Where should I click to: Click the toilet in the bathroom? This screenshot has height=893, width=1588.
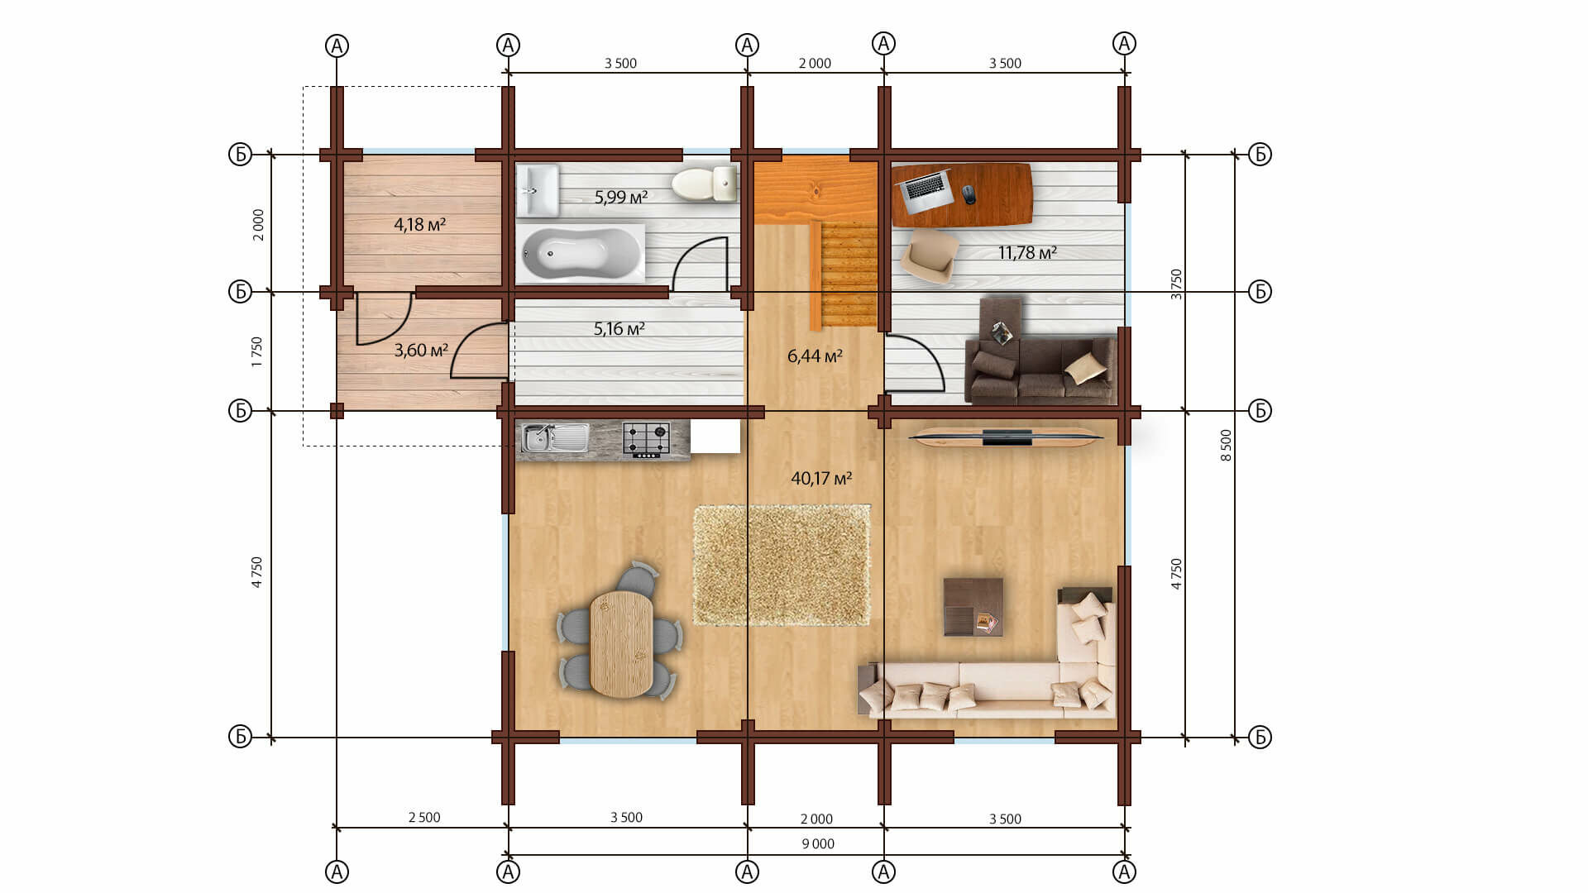704,184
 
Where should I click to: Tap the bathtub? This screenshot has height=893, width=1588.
580,252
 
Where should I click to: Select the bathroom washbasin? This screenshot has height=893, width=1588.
538,190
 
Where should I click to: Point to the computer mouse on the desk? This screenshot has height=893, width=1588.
969,194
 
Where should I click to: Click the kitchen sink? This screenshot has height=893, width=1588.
554,438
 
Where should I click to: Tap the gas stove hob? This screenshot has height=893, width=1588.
646,439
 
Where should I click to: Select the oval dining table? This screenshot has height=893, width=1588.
621,643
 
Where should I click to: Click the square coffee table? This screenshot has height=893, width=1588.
973,607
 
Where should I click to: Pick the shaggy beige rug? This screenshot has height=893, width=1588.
782,565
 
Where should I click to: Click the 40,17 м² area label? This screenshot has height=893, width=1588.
821,479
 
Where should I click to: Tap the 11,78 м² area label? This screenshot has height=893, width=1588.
1027,253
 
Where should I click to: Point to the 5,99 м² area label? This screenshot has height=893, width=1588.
621,198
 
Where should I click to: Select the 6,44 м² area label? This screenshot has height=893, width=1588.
815,356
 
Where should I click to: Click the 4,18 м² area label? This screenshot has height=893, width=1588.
420,225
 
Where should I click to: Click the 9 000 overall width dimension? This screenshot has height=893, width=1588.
818,844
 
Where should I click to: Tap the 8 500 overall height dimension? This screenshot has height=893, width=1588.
1227,446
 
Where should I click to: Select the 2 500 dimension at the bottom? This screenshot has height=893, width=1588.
424,818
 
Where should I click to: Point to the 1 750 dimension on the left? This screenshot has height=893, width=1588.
257,351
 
